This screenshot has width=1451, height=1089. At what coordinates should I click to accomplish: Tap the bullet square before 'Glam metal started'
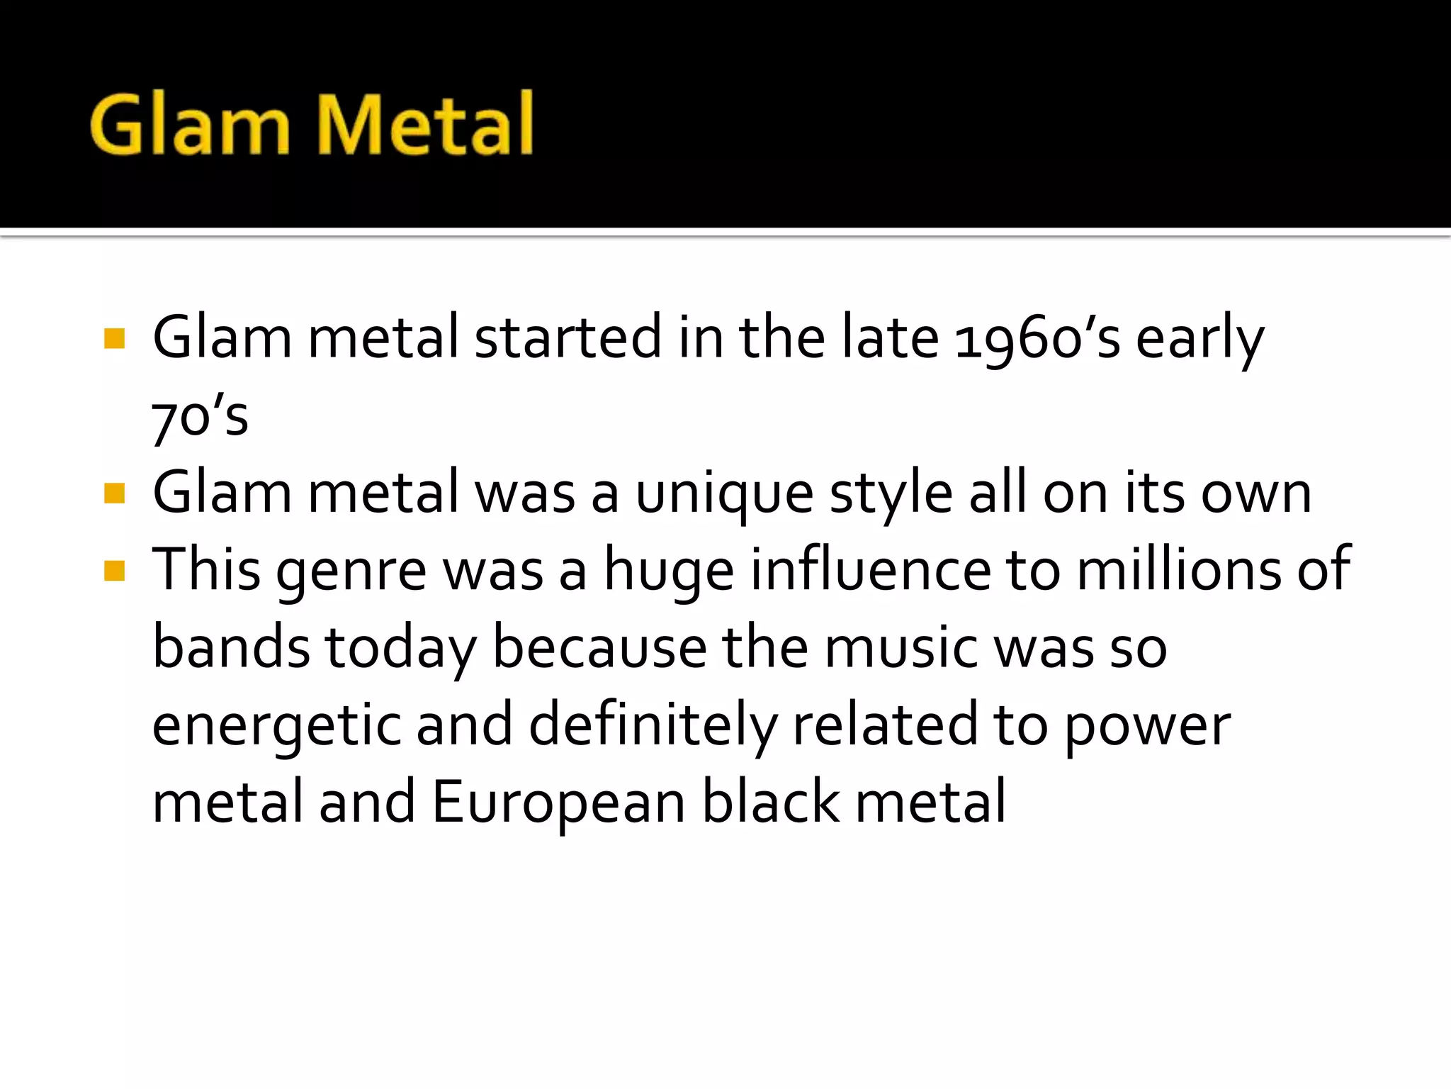click(x=114, y=338)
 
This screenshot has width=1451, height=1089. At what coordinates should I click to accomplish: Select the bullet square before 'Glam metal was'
click(x=114, y=493)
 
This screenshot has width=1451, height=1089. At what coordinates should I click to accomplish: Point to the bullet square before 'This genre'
click(x=114, y=570)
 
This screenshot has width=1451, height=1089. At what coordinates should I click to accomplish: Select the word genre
click(x=351, y=571)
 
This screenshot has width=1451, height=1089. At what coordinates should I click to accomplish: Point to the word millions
click(x=1179, y=570)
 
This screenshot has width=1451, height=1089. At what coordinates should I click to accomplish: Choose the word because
click(x=599, y=648)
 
